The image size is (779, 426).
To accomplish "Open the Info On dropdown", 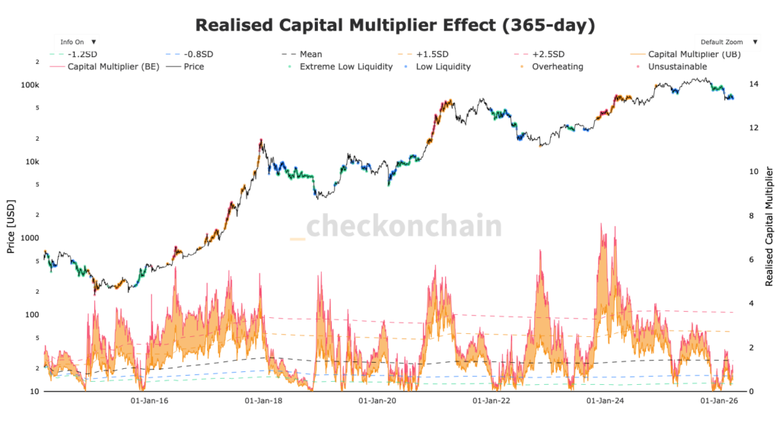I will (x=76, y=42).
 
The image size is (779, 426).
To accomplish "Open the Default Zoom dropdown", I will (x=727, y=42).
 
